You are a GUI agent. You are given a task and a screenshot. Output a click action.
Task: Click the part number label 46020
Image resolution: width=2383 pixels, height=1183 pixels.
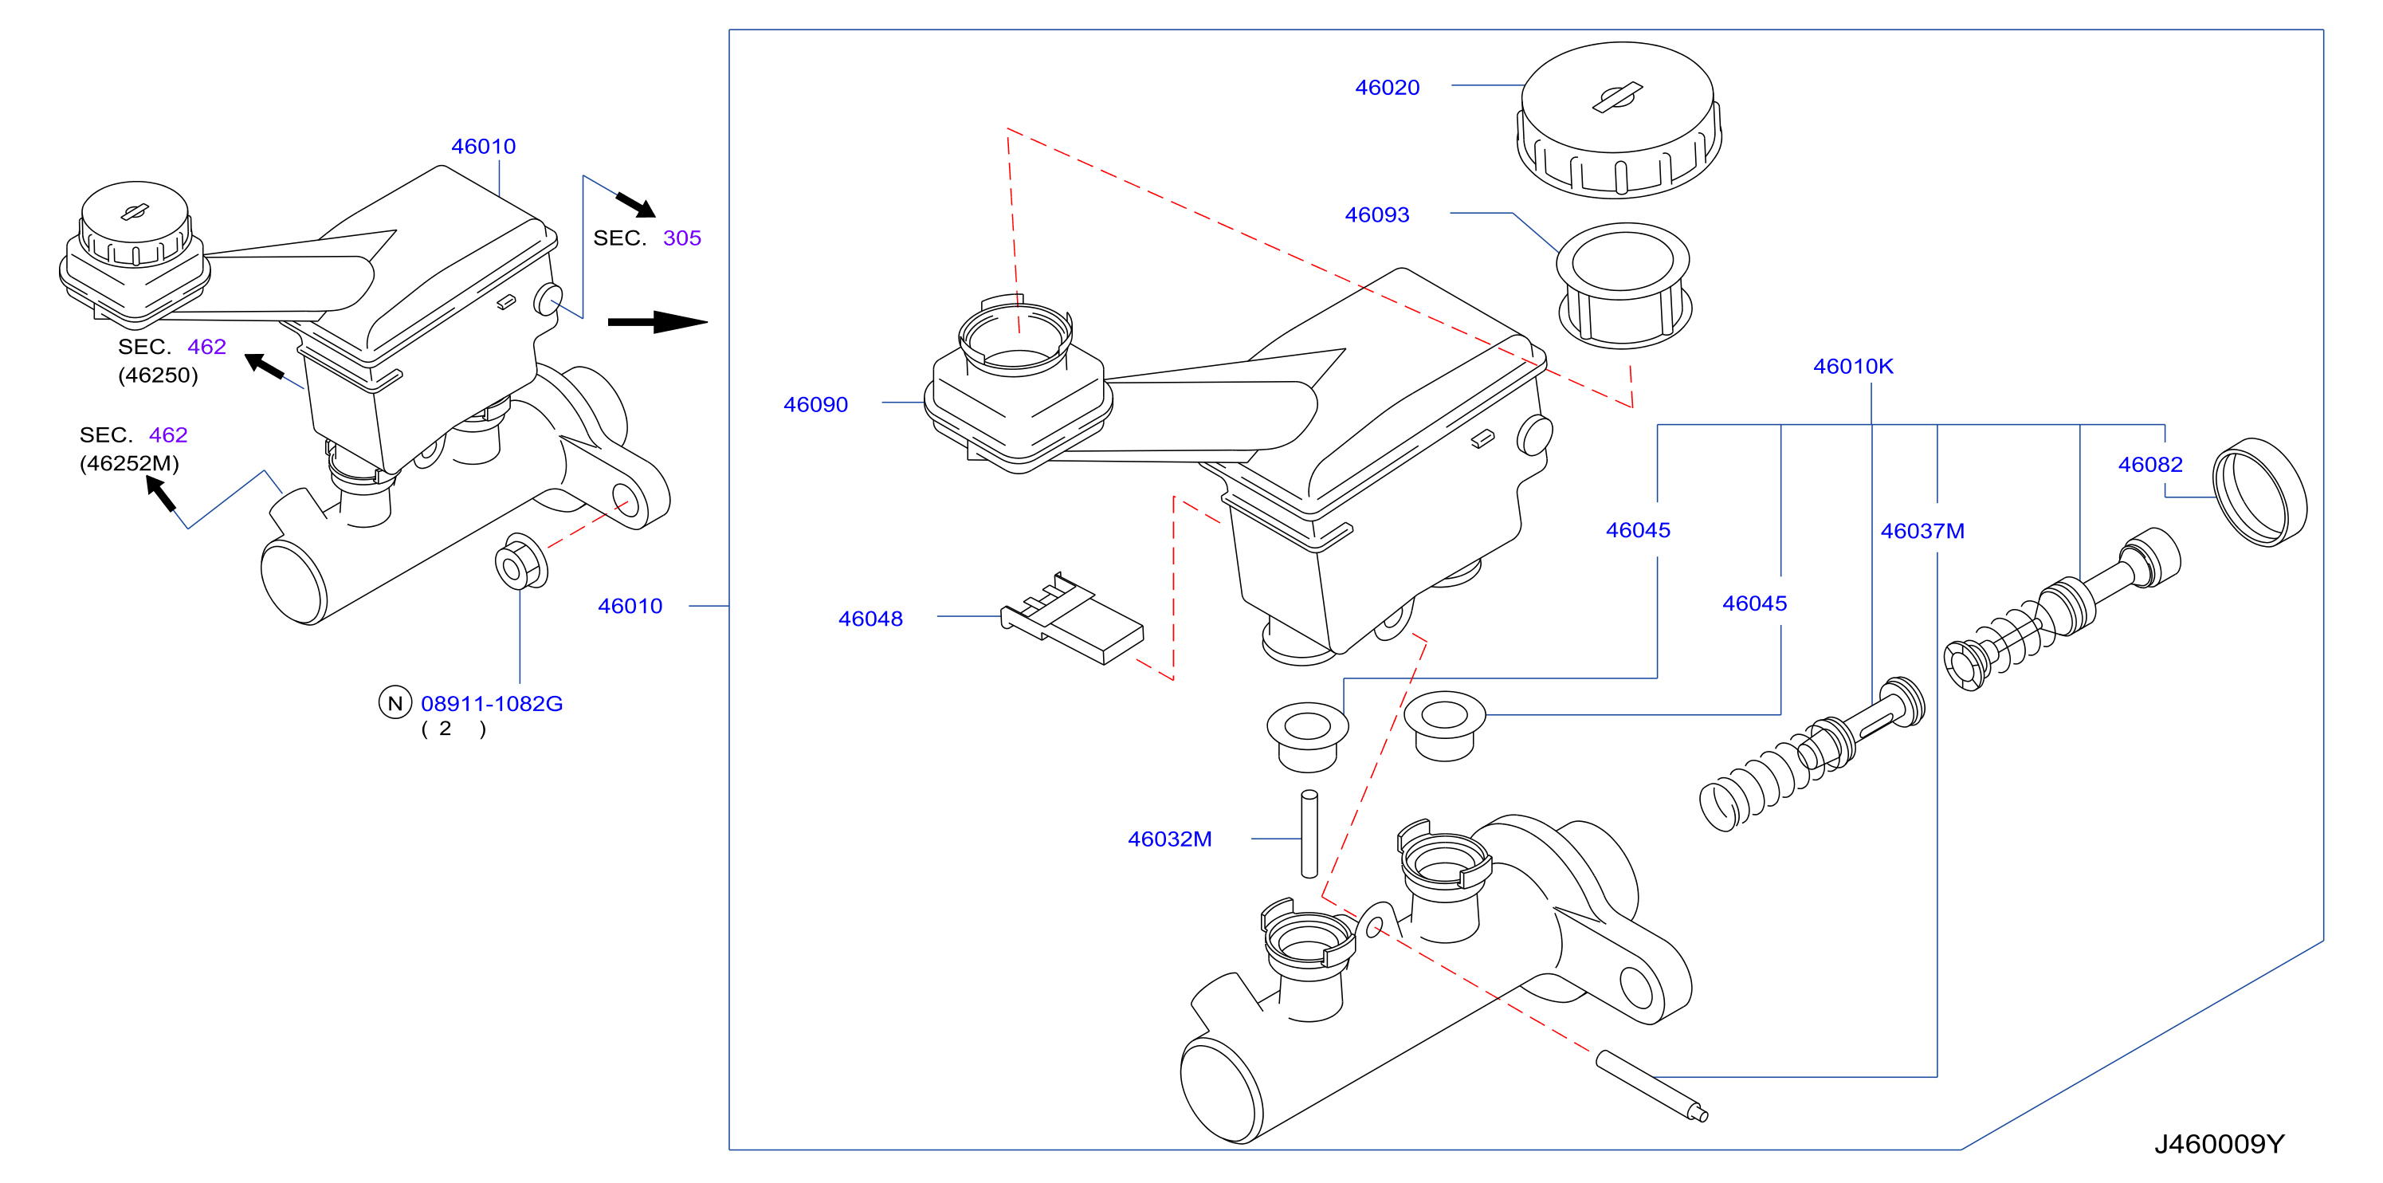(x=1387, y=88)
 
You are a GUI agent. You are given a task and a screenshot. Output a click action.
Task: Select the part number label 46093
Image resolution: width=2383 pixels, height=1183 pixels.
(x=1376, y=214)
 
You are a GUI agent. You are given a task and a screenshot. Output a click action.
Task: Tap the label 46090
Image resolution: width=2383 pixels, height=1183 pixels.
(x=815, y=404)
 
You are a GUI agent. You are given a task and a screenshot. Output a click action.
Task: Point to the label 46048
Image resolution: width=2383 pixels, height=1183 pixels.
(x=870, y=619)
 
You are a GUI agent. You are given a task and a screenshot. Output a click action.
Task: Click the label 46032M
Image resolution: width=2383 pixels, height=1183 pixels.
(x=1169, y=839)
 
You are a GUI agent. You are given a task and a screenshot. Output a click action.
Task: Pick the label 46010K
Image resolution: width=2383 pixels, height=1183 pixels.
(x=1853, y=366)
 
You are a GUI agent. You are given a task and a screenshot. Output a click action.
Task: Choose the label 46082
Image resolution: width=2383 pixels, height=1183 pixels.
(x=2150, y=464)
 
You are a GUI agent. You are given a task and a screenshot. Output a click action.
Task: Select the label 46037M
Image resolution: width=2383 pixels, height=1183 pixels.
(x=1922, y=531)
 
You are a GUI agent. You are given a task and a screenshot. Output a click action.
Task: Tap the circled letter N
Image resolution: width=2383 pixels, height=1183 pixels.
(x=395, y=703)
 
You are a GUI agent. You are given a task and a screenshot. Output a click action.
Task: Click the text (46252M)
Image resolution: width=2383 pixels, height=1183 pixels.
(x=128, y=463)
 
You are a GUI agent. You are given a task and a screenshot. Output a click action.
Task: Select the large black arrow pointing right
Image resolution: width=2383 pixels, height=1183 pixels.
(x=658, y=322)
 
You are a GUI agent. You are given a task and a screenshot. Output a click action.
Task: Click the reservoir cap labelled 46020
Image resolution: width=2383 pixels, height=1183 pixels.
(x=1618, y=120)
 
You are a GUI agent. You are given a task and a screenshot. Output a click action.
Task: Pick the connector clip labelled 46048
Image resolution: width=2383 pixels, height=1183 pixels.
(x=1071, y=619)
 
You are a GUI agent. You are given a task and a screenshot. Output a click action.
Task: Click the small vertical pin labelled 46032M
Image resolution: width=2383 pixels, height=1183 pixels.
(x=1309, y=833)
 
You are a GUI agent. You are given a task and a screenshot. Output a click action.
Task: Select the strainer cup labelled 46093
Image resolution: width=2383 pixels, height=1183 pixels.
(x=1624, y=285)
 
